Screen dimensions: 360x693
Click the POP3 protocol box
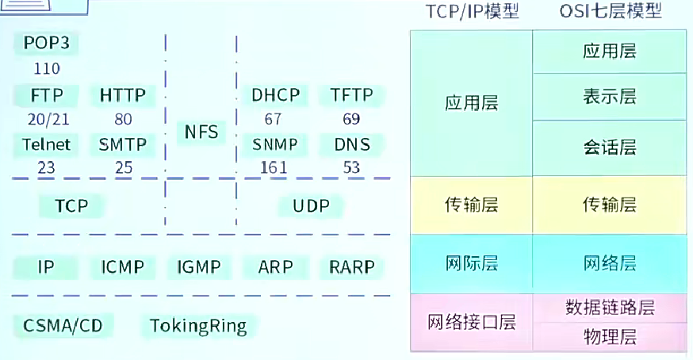(47, 43)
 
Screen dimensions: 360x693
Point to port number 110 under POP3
(47, 68)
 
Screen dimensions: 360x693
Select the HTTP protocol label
(123, 96)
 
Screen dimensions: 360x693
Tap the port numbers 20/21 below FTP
(47, 120)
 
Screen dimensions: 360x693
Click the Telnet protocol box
(47, 144)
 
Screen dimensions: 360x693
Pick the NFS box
(201, 132)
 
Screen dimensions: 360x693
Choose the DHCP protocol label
(276, 96)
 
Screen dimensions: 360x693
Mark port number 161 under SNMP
(274, 167)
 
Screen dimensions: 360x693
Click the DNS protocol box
(351, 144)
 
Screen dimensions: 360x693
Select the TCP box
(71, 206)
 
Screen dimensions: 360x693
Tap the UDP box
(311, 206)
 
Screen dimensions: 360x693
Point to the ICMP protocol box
(123, 267)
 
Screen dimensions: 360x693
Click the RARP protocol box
(351, 267)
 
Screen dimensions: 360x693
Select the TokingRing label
(198, 325)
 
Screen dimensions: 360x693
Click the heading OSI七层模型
(609, 11)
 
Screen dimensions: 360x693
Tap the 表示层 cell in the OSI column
(609, 97)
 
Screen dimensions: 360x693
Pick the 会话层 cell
(609, 147)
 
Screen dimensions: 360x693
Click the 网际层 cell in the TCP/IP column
(471, 263)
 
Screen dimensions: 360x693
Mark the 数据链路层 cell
(609, 307)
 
